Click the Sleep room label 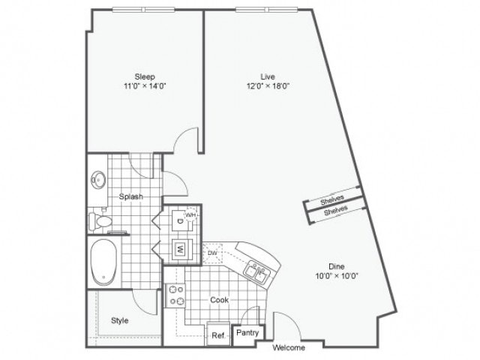(145, 76)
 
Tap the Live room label (268, 76)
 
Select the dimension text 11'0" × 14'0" (145, 85)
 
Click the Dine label (336, 266)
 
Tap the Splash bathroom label (130, 196)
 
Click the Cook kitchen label (218, 300)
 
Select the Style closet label (119, 320)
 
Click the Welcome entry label (289, 348)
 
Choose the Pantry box (247, 332)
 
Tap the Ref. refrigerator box (218, 335)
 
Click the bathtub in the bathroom (104, 262)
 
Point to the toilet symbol (100, 221)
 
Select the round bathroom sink (98, 180)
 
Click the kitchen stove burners (175, 295)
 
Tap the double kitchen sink (256, 272)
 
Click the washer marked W (181, 248)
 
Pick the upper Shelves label (331, 200)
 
